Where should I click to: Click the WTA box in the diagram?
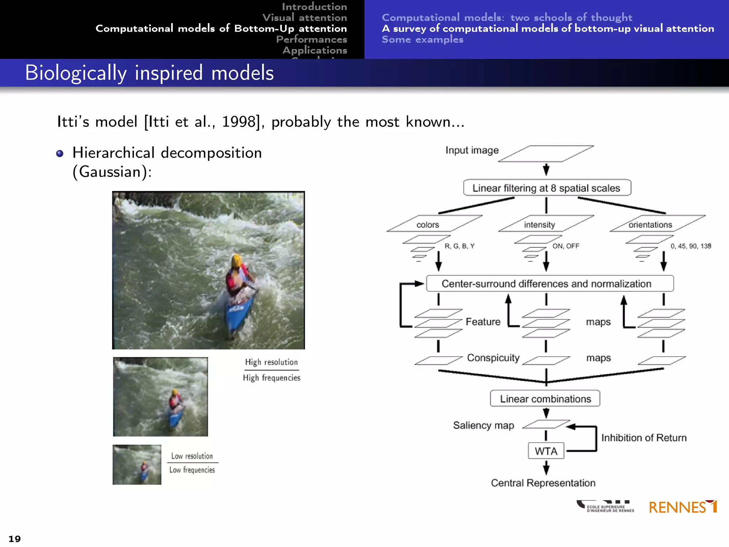click(546, 451)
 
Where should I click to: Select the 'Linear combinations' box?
click(545, 398)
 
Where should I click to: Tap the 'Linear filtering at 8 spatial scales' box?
click(547, 188)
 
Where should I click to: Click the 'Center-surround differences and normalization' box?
click(550, 283)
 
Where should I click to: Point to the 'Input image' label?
click(472, 150)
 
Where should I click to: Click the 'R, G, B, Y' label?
click(459, 246)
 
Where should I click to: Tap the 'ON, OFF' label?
click(566, 246)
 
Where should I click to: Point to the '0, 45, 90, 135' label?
click(691, 246)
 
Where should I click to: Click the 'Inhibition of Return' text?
click(644, 438)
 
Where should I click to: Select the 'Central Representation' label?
click(543, 483)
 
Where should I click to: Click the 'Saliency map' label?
click(483, 425)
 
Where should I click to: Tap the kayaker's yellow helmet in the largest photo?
click(237, 260)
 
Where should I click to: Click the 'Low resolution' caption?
click(192, 456)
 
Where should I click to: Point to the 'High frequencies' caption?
click(272, 378)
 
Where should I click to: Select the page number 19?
click(15, 539)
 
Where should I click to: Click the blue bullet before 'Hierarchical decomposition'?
click(60, 153)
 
